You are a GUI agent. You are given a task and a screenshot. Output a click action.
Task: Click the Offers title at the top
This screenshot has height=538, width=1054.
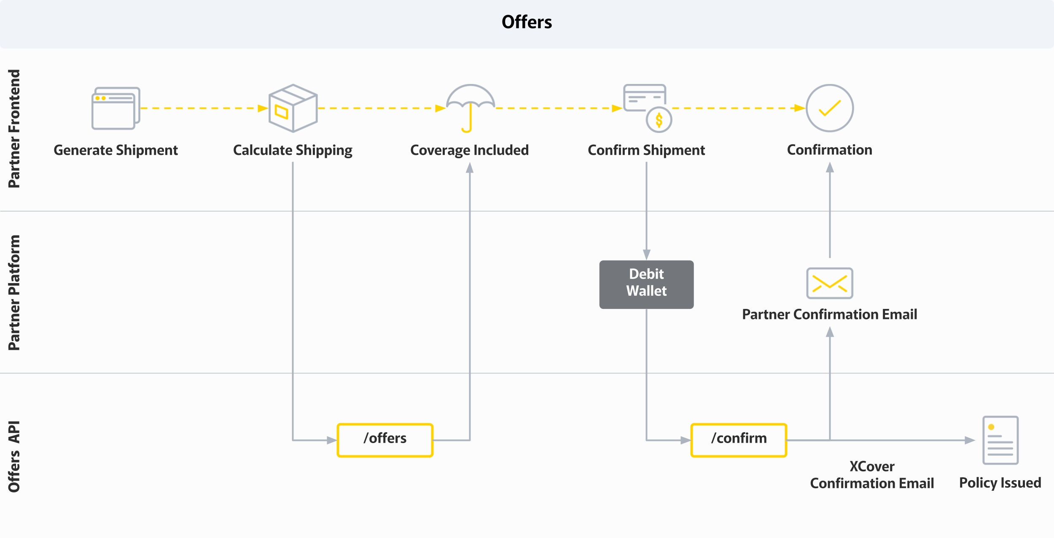(527, 22)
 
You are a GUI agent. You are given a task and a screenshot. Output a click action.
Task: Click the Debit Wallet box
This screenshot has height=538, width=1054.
(646, 284)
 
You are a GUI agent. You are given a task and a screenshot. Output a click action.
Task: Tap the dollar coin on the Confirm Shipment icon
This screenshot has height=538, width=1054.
(659, 120)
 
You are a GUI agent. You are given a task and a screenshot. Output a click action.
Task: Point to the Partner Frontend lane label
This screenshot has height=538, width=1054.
(14, 129)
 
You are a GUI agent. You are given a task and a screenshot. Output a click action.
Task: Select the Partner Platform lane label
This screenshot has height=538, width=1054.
(14, 292)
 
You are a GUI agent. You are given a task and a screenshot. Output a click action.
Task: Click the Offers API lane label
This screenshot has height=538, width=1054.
(14, 457)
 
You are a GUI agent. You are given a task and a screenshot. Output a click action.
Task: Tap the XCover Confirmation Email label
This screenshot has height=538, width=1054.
(872, 475)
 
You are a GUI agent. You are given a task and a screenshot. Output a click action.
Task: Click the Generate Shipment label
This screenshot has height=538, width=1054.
(116, 150)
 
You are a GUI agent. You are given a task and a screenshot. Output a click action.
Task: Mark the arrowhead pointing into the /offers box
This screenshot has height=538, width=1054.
(332, 440)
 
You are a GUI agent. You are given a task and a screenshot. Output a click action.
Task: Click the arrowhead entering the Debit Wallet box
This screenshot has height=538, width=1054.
(646, 255)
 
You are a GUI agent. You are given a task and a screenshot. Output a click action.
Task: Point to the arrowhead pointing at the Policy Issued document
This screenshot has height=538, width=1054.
(970, 440)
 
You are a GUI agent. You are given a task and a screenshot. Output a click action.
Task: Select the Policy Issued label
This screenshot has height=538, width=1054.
(1000, 483)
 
